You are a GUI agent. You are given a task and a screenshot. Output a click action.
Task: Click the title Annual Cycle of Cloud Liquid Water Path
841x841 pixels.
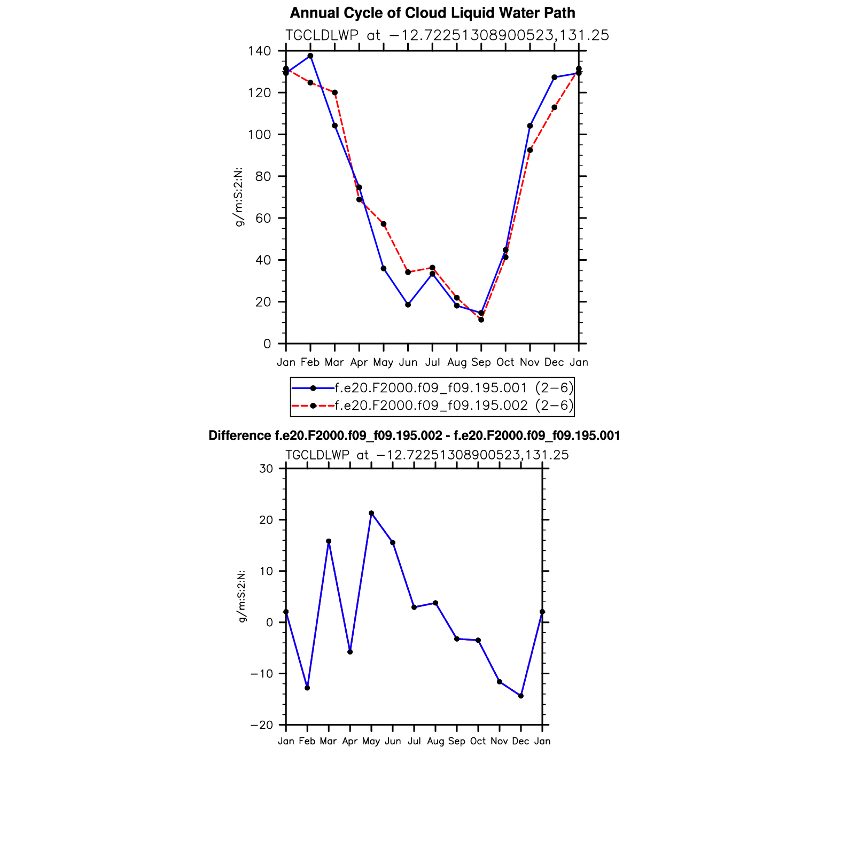tap(432, 13)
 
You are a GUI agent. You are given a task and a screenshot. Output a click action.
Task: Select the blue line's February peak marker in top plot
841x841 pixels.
tap(310, 56)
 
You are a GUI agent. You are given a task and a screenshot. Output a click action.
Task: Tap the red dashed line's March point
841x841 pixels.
tap(335, 92)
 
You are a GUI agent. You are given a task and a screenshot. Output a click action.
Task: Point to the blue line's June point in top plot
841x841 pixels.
tap(408, 305)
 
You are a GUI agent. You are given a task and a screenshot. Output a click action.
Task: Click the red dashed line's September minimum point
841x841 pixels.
tap(481, 320)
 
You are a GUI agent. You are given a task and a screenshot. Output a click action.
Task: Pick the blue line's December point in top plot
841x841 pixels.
tap(555, 77)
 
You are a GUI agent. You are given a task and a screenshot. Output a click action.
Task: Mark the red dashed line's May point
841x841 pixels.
tap(384, 224)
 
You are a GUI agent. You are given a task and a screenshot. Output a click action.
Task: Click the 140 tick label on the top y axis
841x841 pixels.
tap(260, 51)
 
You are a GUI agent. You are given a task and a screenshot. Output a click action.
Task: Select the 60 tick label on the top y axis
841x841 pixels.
tap(263, 219)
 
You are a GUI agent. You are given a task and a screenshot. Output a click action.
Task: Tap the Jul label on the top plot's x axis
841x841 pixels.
tap(432, 362)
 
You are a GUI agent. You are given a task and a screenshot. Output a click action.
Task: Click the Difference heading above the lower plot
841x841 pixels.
tap(414, 436)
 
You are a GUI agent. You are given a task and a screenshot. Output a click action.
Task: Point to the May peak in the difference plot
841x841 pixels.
tap(371, 513)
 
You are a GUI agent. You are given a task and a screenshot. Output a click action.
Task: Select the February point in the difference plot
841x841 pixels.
tap(307, 688)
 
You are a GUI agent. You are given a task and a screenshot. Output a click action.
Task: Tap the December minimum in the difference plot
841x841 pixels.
tap(521, 696)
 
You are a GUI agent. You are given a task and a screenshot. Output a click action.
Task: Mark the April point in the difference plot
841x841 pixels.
tap(350, 652)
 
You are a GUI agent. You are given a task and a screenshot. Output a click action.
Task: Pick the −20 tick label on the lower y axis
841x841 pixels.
tap(261, 725)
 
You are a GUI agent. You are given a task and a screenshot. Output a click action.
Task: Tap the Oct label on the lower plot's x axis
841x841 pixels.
tap(478, 741)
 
